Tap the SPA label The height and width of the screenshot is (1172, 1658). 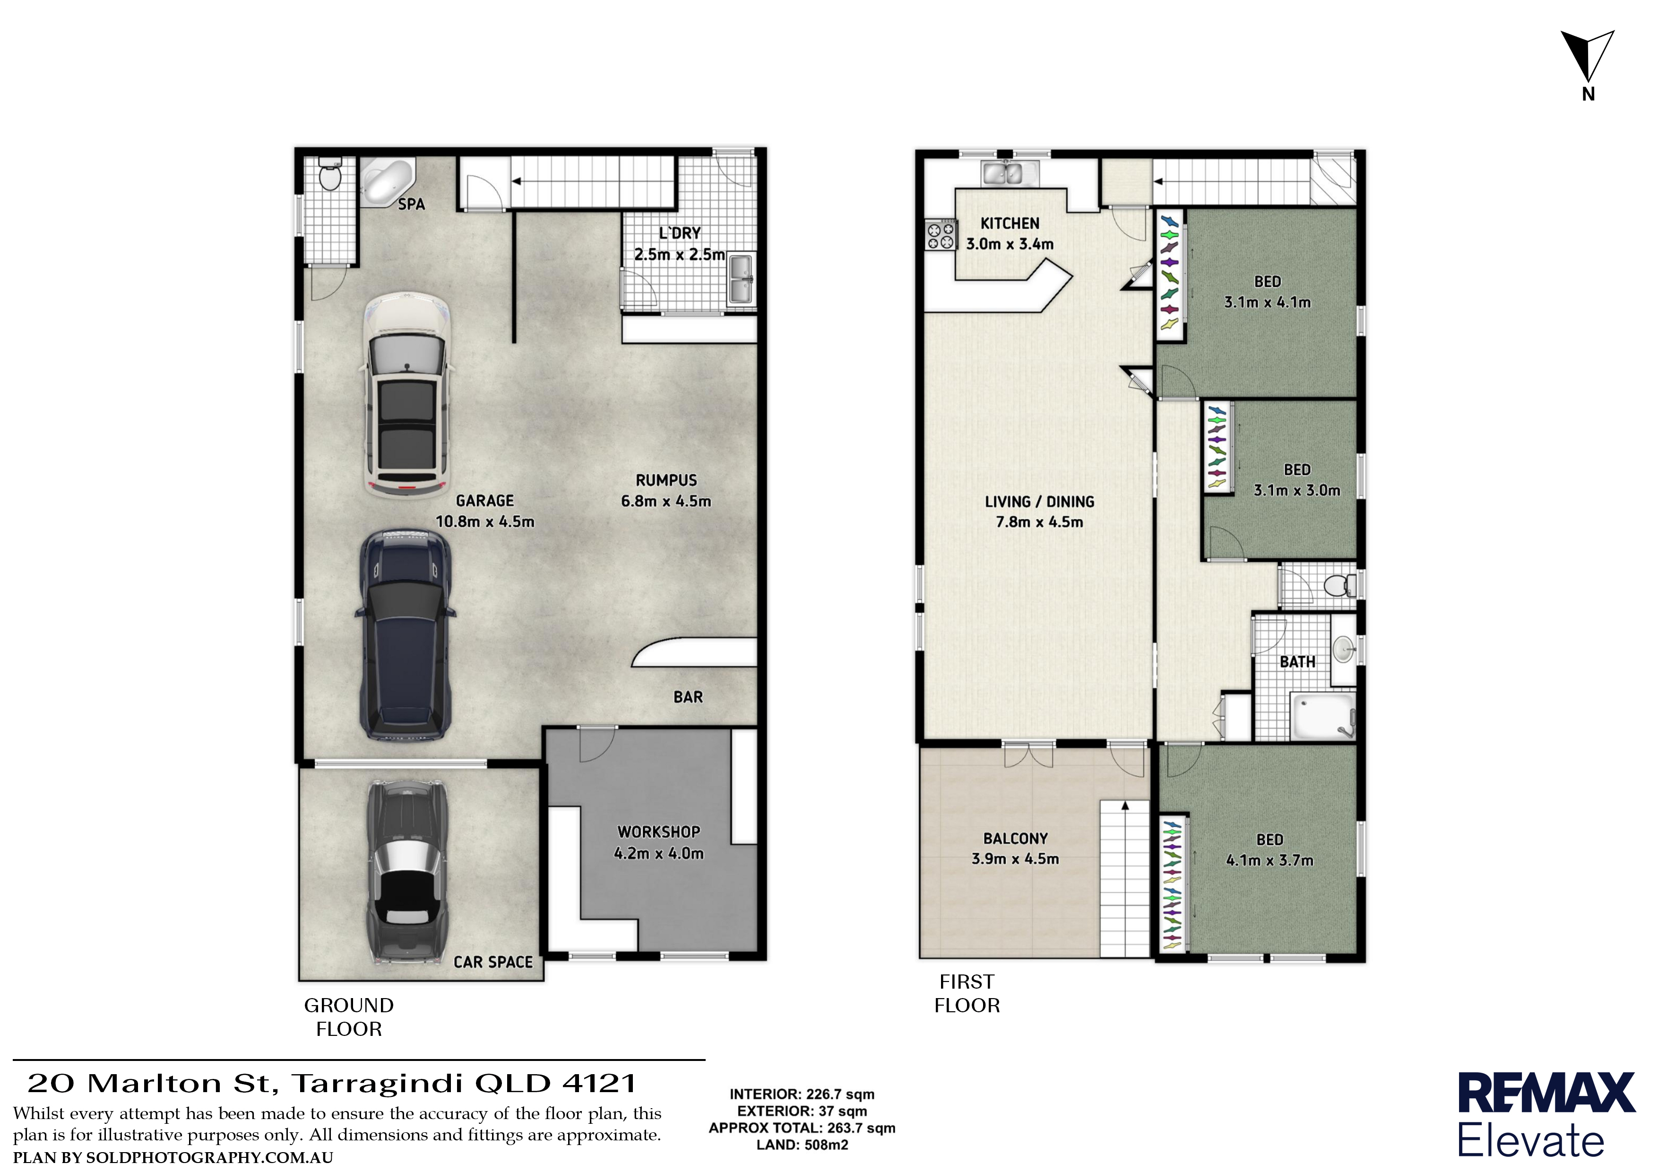tap(412, 204)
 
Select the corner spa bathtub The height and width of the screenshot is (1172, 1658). tap(386, 181)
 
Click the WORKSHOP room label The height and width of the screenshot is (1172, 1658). tap(658, 832)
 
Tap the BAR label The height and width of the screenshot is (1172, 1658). tap(688, 697)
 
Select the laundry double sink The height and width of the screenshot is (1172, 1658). tap(741, 279)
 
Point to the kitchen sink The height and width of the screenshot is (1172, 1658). tap(1010, 172)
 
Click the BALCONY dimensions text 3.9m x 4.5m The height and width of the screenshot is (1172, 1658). tap(1015, 859)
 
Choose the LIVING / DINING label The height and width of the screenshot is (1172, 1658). tap(1039, 502)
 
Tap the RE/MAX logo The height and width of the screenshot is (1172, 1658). tap(1546, 1116)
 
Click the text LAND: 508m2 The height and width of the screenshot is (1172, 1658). tap(802, 1145)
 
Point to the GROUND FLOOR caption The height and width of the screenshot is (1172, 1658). tap(349, 1017)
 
